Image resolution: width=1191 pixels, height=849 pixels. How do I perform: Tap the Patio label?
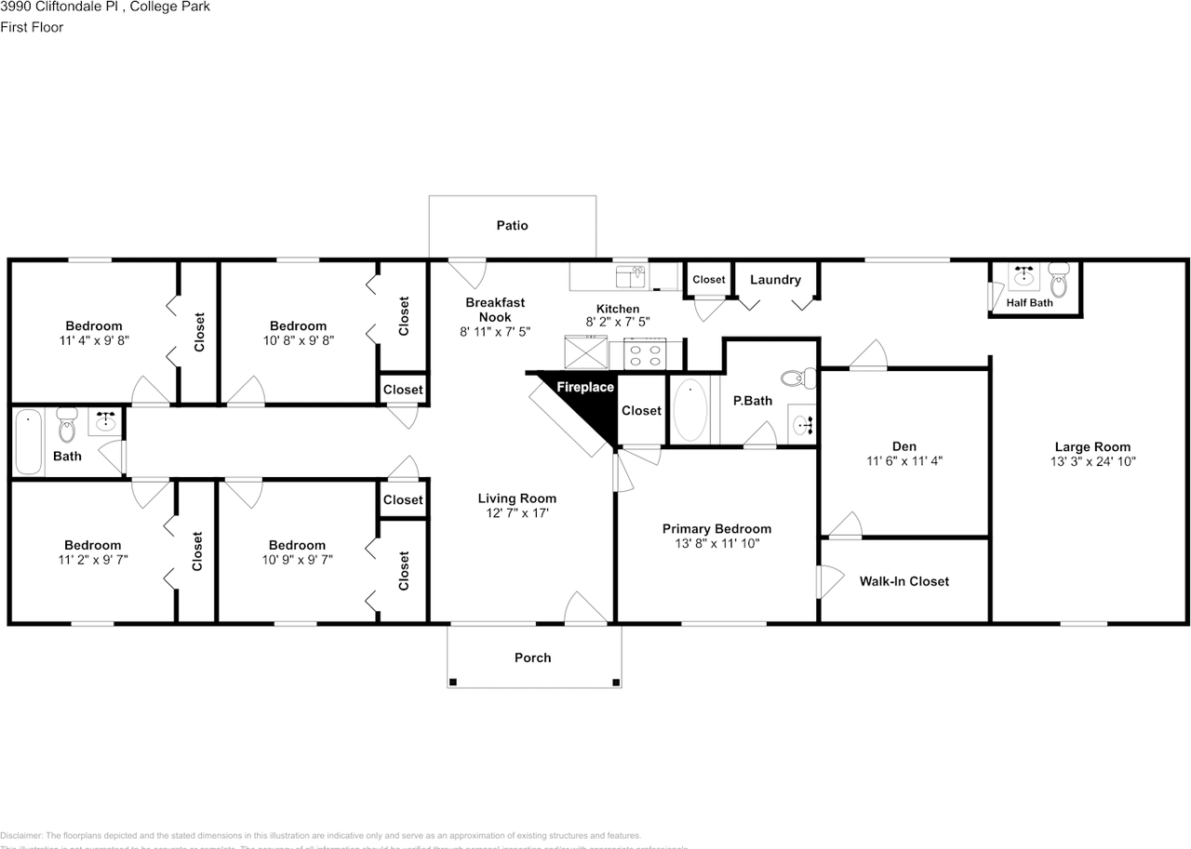pyautogui.click(x=512, y=225)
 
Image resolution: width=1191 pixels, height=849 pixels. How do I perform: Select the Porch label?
pyautogui.click(x=532, y=657)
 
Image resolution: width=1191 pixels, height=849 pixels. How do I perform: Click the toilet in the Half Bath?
pyautogui.click(x=1059, y=277)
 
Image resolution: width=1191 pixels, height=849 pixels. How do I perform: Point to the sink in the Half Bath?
pyautogui.click(x=1024, y=275)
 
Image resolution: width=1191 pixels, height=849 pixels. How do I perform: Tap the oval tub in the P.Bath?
pyautogui.click(x=689, y=410)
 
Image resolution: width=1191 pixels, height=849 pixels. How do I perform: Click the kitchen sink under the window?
pyautogui.click(x=630, y=276)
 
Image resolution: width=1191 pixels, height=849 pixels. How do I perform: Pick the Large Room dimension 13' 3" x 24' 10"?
pyautogui.click(x=1092, y=460)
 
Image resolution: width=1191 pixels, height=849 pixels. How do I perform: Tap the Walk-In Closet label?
pyautogui.click(x=903, y=581)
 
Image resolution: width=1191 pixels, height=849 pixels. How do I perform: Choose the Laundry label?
pyautogui.click(x=775, y=279)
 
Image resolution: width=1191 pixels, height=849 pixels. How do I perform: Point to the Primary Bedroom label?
pyautogui.click(x=716, y=528)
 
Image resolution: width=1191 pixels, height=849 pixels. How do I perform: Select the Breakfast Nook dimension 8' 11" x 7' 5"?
pyautogui.click(x=495, y=331)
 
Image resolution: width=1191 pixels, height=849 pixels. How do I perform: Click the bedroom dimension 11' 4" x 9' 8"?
pyautogui.click(x=93, y=340)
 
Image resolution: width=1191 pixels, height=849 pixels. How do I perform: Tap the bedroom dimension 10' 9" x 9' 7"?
pyautogui.click(x=298, y=560)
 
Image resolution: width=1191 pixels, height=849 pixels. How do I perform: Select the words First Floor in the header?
pyautogui.click(x=32, y=27)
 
